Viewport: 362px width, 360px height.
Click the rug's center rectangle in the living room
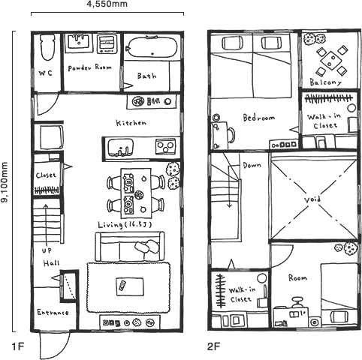click(x=125, y=284)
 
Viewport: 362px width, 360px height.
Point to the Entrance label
click(x=54, y=311)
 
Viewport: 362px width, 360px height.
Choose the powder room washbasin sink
click(x=80, y=42)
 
